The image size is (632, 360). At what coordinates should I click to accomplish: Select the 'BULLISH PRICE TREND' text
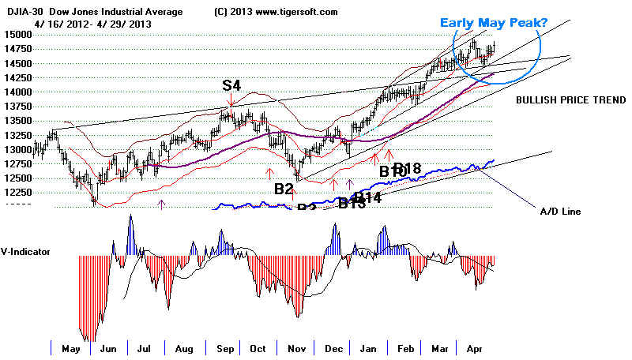(x=571, y=100)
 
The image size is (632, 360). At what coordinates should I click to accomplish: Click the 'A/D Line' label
(x=559, y=211)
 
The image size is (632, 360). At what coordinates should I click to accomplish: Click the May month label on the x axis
(x=71, y=348)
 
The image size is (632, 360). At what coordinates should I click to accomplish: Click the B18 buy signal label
(x=408, y=168)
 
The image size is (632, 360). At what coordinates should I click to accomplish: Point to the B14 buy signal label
(x=367, y=197)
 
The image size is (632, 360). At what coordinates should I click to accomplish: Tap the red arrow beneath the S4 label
(x=230, y=103)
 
